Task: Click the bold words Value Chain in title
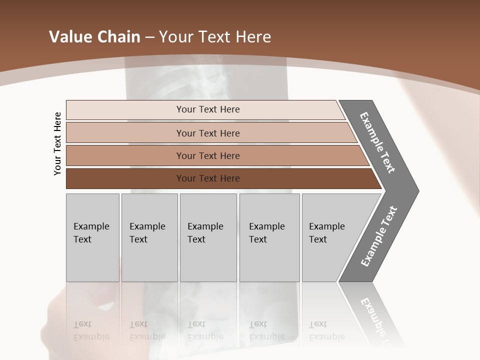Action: coord(94,37)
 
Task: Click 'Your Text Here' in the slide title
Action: coord(215,37)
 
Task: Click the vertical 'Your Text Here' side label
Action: coord(57,143)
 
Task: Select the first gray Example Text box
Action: coord(92,237)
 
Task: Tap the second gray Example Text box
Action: coord(149,237)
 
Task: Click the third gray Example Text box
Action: coord(208,237)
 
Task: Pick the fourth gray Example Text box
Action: coord(269,237)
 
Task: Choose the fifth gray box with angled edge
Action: coord(330,237)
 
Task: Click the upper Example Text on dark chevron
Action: coord(377,142)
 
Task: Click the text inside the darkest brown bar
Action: coord(208,178)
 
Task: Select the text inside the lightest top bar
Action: coord(208,109)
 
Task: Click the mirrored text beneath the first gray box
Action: coord(91,330)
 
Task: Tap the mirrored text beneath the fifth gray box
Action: coord(327,330)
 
